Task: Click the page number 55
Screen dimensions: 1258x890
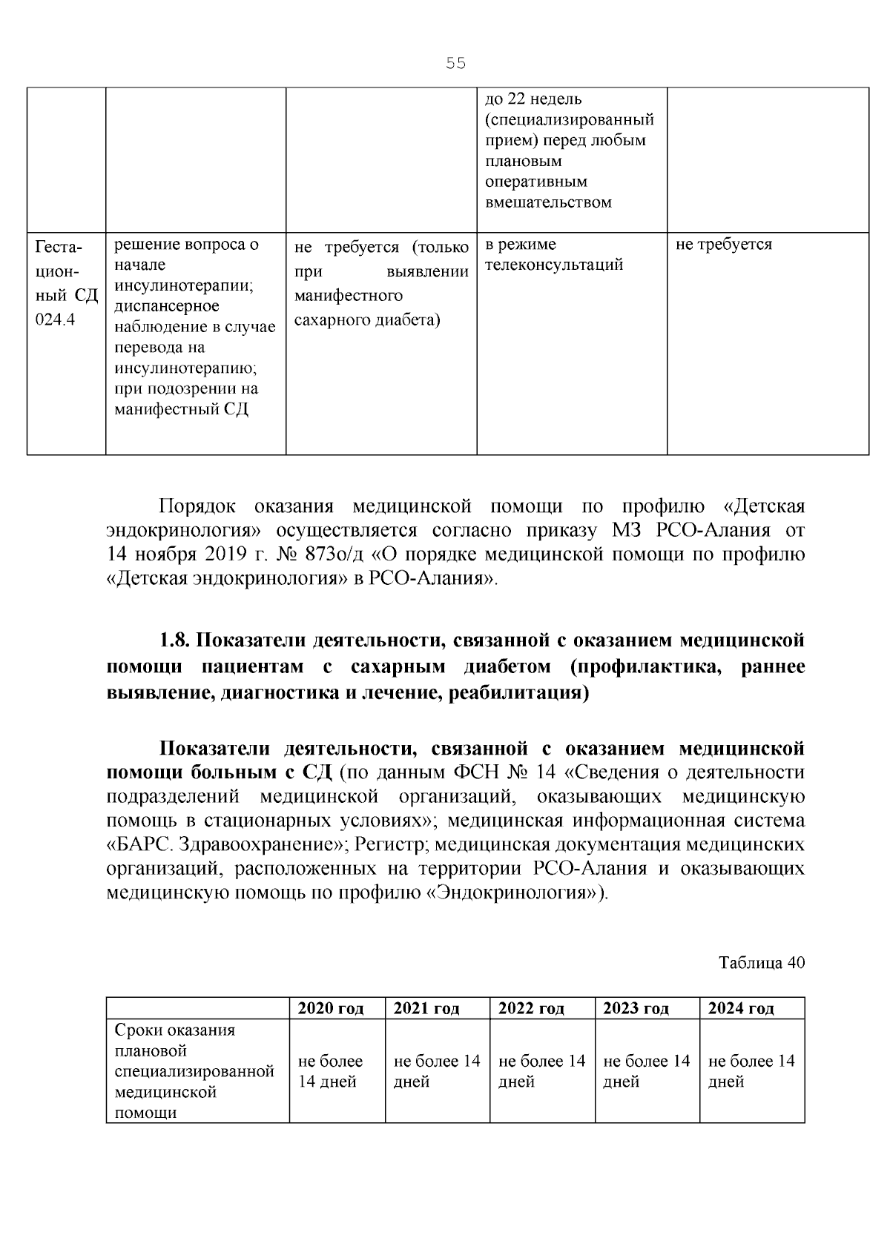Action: (x=455, y=64)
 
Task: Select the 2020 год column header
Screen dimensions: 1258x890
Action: (x=330, y=1008)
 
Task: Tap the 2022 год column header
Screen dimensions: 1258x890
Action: (x=531, y=1008)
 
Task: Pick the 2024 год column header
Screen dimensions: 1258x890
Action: (x=741, y=1008)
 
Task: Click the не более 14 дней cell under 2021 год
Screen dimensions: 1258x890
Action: (x=436, y=1071)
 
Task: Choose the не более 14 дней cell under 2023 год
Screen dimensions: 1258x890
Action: (x=646, y=1071)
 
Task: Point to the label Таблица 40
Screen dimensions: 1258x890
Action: (x=761, y=963)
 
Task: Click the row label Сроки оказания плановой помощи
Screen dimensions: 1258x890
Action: (x=194, y=1071)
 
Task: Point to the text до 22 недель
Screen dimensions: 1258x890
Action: (x=533, y=99)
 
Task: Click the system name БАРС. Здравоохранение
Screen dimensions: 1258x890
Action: (x=227, y=844)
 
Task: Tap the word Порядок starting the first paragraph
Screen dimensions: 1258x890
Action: (x=197, y=506)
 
